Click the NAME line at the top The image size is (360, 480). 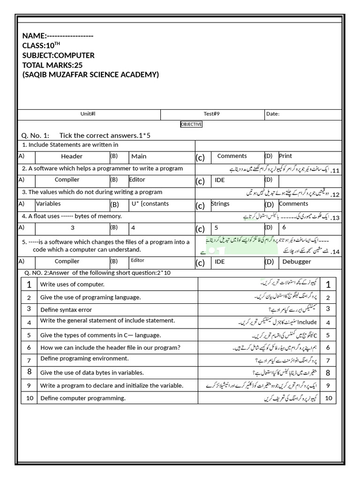[58, 36]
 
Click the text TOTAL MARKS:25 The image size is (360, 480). [52, 65]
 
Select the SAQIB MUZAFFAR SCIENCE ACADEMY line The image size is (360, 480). [90, 75]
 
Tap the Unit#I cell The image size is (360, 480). [88, 114]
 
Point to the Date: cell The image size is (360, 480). [273, 114]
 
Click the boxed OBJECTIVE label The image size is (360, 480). [191, 124]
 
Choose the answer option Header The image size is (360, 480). [72, 157]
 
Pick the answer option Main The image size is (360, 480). [139, 156]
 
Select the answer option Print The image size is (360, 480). [285, 156]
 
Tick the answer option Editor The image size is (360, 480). [137, 180]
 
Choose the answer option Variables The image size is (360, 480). [48, 204]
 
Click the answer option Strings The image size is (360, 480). [220, 203]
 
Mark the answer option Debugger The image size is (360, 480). [297, 262]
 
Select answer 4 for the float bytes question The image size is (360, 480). [134, 228]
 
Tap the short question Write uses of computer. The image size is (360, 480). [72, 285]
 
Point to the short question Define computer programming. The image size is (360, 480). [83, 398]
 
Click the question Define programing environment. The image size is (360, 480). [84, 359]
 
